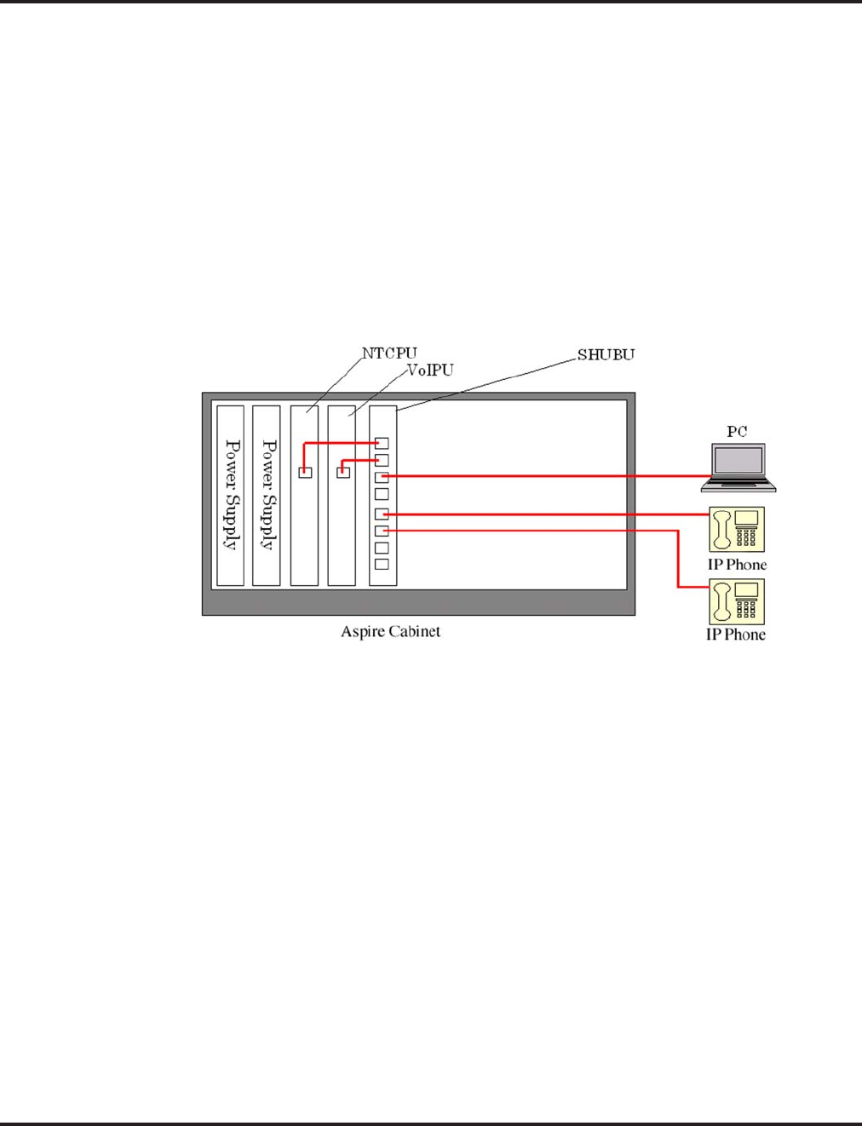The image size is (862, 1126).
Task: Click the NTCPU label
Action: click(389, 353)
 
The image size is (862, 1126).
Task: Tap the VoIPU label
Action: click(429, 371)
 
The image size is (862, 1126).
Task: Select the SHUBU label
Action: click(606, 354)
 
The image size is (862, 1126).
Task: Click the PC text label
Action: click(737, 432)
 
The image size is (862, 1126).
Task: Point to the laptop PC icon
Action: click(738, 467)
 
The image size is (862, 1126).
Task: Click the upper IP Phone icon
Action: click(737, 530)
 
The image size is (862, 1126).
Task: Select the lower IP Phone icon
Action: click(737, 601)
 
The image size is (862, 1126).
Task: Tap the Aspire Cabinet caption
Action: click(390, 632)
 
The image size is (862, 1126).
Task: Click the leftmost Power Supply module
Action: click(230, 495)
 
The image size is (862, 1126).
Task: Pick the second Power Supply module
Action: click(267, 495)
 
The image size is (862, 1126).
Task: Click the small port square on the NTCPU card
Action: click(305, 473)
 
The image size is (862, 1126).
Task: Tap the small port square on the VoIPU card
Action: click(343, 473)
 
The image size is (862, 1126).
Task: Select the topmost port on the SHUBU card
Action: click(382, 444)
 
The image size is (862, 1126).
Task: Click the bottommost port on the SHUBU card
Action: click(382, 564)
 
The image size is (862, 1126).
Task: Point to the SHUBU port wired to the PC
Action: click(382, 477)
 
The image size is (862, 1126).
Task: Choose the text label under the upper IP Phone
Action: click(737, 565)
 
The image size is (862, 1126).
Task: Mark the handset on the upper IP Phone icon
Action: click(723, 530)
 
